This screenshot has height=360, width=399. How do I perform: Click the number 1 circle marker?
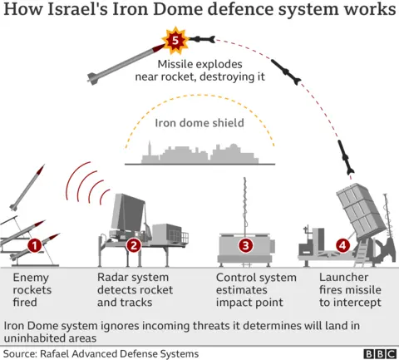(x=34, y=245)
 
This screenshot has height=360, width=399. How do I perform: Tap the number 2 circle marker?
(x=134, y=245)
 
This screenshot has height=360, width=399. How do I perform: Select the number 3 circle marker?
(x=245, y=245)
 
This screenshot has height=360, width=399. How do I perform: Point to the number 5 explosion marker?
(x=175, y=39)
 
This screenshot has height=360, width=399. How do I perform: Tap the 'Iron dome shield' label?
(x=199, y=124)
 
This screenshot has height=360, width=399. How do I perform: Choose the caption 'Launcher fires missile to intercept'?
(x=351, y=289)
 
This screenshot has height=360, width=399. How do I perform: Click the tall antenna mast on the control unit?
(x=244, y=205)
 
